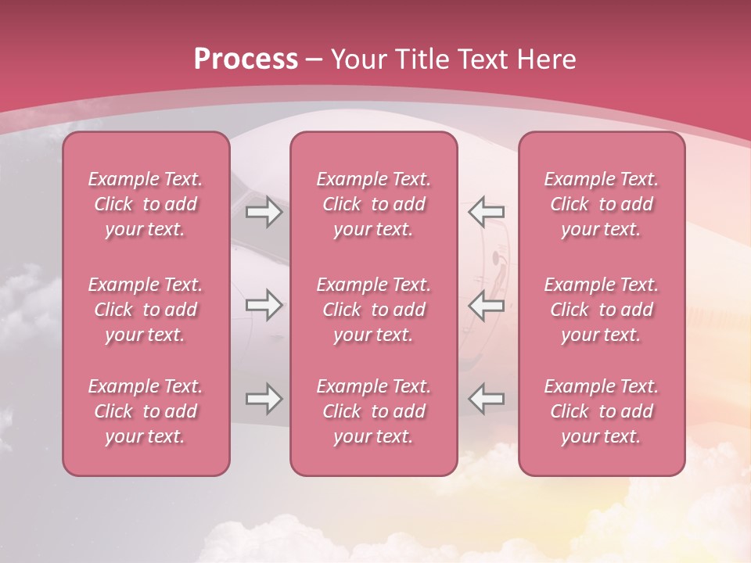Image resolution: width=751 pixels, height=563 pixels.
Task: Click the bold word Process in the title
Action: pos(246,59)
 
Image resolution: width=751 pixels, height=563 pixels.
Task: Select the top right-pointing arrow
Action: pos(264,212)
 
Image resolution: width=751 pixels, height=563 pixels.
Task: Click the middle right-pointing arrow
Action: pos(264,305)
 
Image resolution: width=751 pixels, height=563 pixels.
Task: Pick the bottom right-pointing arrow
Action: pos(264,399)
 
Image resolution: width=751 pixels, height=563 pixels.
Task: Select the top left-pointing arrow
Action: pos(487,212)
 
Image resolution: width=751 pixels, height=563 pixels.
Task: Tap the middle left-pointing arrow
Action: pos(487,305)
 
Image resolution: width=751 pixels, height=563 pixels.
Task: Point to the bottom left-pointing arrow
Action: pos(487,399)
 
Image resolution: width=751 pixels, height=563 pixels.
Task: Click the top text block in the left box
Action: pos(146,204)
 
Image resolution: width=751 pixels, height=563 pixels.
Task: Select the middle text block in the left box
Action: pos(146,310)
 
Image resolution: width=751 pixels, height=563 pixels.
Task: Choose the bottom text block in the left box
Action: pos(146,411)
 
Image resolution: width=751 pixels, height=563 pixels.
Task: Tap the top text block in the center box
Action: pos(373,204)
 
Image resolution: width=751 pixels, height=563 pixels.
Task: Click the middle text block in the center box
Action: pos(373,310)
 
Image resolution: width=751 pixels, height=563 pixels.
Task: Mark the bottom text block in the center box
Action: pos(373,411)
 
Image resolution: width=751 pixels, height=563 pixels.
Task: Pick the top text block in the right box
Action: pos(601,204)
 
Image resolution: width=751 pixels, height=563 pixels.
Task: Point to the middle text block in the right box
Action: pos(601,310)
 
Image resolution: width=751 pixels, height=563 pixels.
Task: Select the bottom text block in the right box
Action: pos(601,411)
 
